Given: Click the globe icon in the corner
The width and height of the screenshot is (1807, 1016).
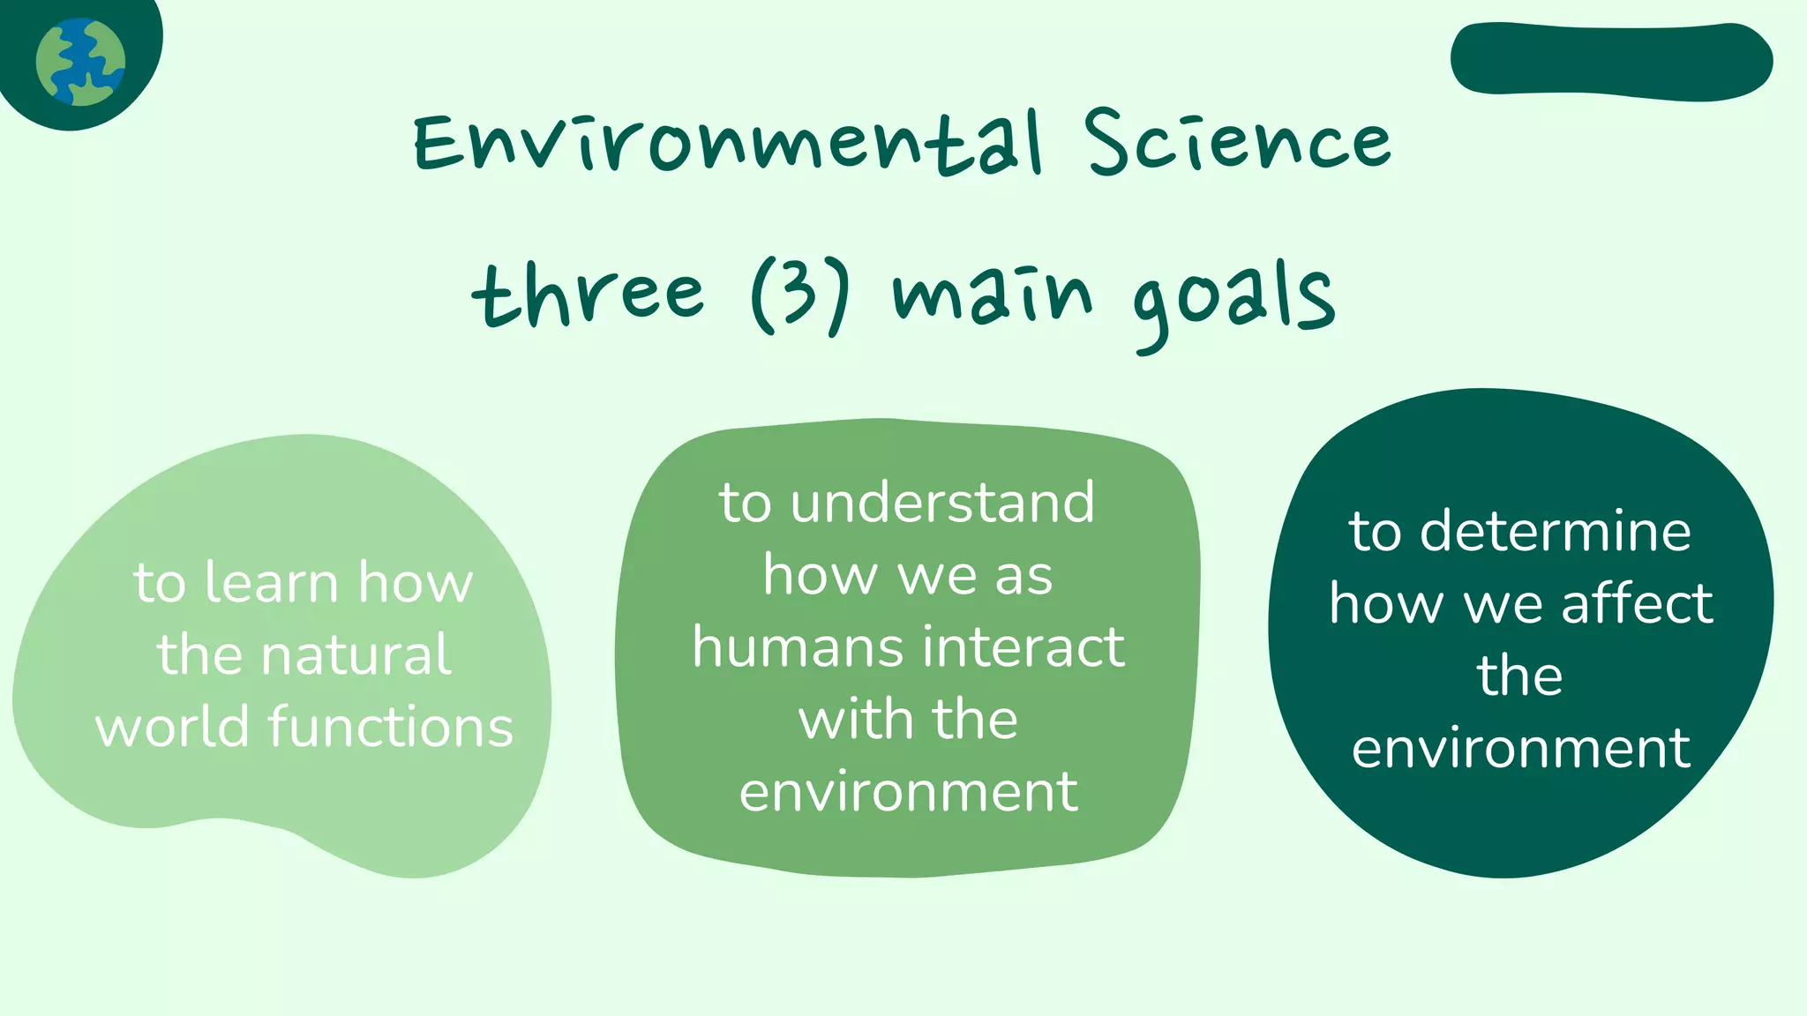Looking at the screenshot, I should pyautogui.click(x=80, y=62).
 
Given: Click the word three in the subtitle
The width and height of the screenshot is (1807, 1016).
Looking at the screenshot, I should pyautogui.click(x=589, y=295).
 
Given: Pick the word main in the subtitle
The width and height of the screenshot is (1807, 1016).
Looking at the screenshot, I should pyautogui.click(x=993, y=295).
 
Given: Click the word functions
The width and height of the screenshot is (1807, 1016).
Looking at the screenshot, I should pyautogui.click(x=390, y=728).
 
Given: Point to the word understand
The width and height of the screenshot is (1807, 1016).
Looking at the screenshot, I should pyautogui.click(x=942, y=503).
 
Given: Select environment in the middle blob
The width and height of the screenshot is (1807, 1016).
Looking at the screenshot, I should pyautogui.click(x=908, y=792).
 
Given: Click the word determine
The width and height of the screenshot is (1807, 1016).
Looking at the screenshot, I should pyautogui.click(x=1556, y=532).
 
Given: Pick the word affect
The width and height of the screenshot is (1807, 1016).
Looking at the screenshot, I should pyautogui.click(x=1638, y=604).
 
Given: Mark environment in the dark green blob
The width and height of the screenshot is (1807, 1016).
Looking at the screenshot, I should pyautogui.click(x=1520, y=749).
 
